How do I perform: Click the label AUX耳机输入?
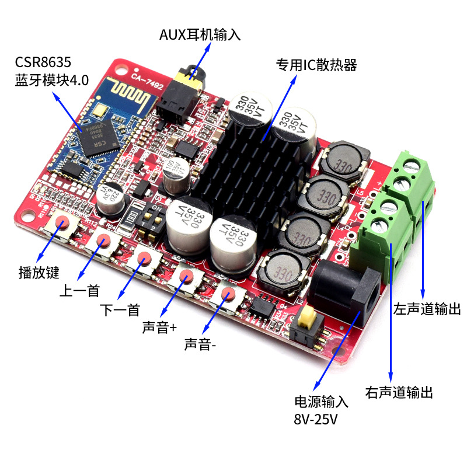200,35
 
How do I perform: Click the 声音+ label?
159,327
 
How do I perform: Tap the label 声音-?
200,344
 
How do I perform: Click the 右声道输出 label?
399,392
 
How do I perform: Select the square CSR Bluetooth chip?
100,138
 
